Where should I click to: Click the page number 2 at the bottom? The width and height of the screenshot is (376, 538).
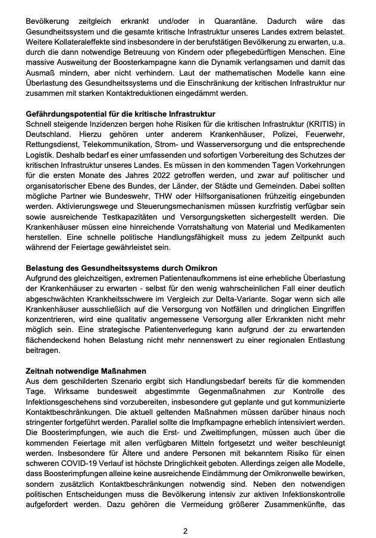coord(186,531)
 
